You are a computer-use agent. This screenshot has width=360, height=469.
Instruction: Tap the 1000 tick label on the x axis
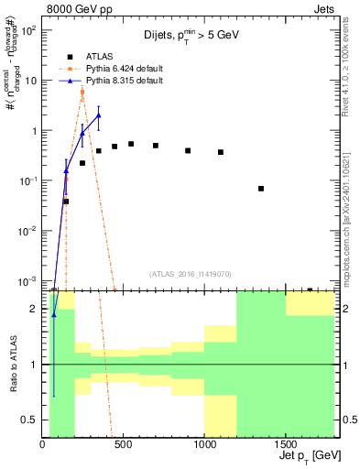pos(203,444)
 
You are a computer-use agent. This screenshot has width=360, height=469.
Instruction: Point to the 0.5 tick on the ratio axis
pos(30,420)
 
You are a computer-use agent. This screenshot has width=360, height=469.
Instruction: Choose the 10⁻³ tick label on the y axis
pos(27,280)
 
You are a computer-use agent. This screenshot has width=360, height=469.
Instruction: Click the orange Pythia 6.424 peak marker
pos(82,92)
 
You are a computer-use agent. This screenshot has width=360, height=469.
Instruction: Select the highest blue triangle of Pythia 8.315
pos(98,115)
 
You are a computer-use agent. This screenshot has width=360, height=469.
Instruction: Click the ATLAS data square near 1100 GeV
pos(221,152)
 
